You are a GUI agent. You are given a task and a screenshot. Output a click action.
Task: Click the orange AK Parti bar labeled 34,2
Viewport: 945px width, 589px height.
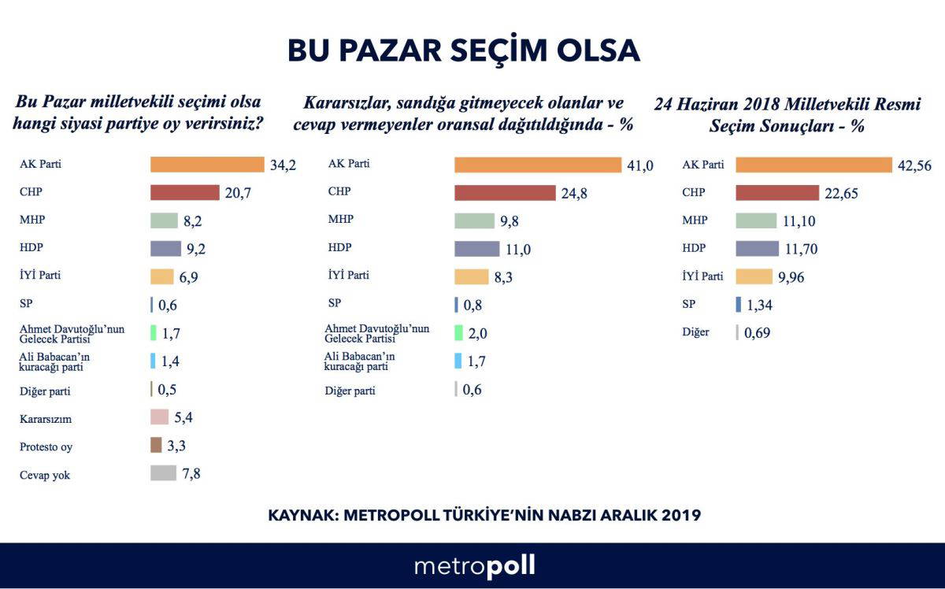tap(207, 165)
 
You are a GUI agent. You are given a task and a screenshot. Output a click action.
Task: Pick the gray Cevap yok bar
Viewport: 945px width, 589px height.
tap(163, 473)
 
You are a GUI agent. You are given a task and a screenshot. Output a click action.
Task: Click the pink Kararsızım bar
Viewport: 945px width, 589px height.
tap(159, 417)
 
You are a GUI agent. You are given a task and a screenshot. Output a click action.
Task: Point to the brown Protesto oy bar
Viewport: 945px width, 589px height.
tap(156, 446)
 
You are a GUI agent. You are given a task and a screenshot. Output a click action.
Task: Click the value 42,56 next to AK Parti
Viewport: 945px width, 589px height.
tap(914, 165)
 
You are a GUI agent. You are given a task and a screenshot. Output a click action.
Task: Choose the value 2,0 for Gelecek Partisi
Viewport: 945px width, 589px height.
tap(478, 334)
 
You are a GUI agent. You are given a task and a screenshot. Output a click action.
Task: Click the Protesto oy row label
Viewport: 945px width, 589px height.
tap(46, 446)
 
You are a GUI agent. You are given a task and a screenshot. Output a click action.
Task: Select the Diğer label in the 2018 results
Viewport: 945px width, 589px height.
tap(695, 332)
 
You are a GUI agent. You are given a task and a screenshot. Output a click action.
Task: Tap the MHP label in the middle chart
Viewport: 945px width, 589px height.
tap(340, 220)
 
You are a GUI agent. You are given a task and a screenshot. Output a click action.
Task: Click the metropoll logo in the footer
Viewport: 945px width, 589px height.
tap(474, 566)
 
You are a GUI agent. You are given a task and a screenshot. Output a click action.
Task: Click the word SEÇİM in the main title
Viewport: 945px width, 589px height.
tap(503, 50)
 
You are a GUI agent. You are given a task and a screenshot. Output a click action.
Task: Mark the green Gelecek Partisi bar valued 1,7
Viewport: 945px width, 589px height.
tap(154, 333)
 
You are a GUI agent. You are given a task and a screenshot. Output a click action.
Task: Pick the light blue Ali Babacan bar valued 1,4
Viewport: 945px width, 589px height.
tap(153, 361)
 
